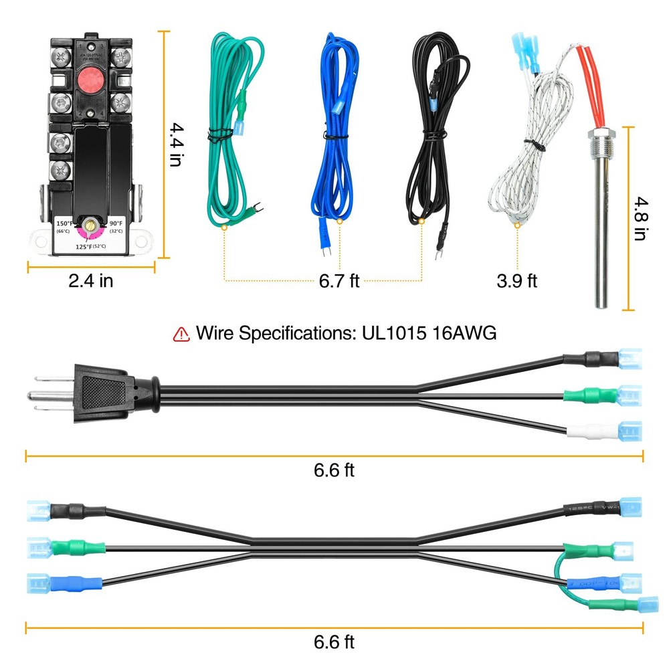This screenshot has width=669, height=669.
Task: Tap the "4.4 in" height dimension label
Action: click(x=175, y=144)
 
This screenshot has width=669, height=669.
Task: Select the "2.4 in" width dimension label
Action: click(x=91, y=280)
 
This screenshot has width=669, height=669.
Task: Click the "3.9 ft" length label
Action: click(x=516, y=280)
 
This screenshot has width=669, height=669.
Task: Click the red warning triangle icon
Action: click(x=181, y=334)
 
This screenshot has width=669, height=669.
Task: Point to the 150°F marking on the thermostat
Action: click(x=65, y=223)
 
